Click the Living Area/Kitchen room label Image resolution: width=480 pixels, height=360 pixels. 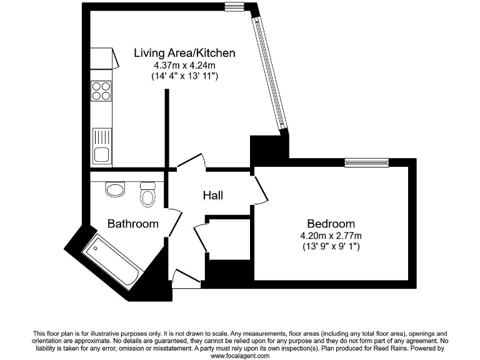coord(176,52)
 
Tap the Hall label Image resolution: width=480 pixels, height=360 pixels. coord(212,196)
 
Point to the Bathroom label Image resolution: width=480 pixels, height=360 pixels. coord(132,223)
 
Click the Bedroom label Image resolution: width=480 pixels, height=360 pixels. coord(331,223)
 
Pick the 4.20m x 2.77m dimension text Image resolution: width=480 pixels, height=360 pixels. coord(331,236)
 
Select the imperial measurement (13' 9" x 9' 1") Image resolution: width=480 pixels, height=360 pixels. coord(331,247)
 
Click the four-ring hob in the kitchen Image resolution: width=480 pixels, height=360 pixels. coord(101,91)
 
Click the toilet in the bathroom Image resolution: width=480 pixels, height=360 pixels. coord(148,195)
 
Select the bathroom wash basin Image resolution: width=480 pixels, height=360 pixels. coord(114,189)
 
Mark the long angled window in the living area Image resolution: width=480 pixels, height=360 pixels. coord(269,70)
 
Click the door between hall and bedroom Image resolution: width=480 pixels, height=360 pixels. coord(260,187)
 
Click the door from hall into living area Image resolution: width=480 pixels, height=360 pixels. coord(191,161)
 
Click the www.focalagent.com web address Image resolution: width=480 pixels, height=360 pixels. coord(240,356)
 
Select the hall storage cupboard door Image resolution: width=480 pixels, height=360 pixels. coord(201,237)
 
